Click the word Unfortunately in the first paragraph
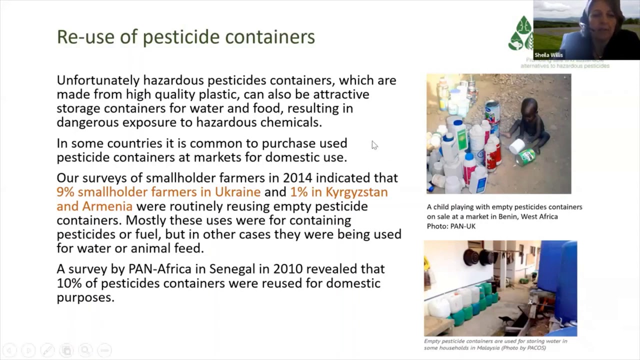click(98, 80)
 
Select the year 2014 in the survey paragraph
click(297, 178)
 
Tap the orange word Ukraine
click(237, 192)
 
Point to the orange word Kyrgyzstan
click(356, 192)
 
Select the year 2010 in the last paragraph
click(287, 269)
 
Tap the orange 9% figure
click(65, 192)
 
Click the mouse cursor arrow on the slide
click(374, 145)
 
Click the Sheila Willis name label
click(548, 55)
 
